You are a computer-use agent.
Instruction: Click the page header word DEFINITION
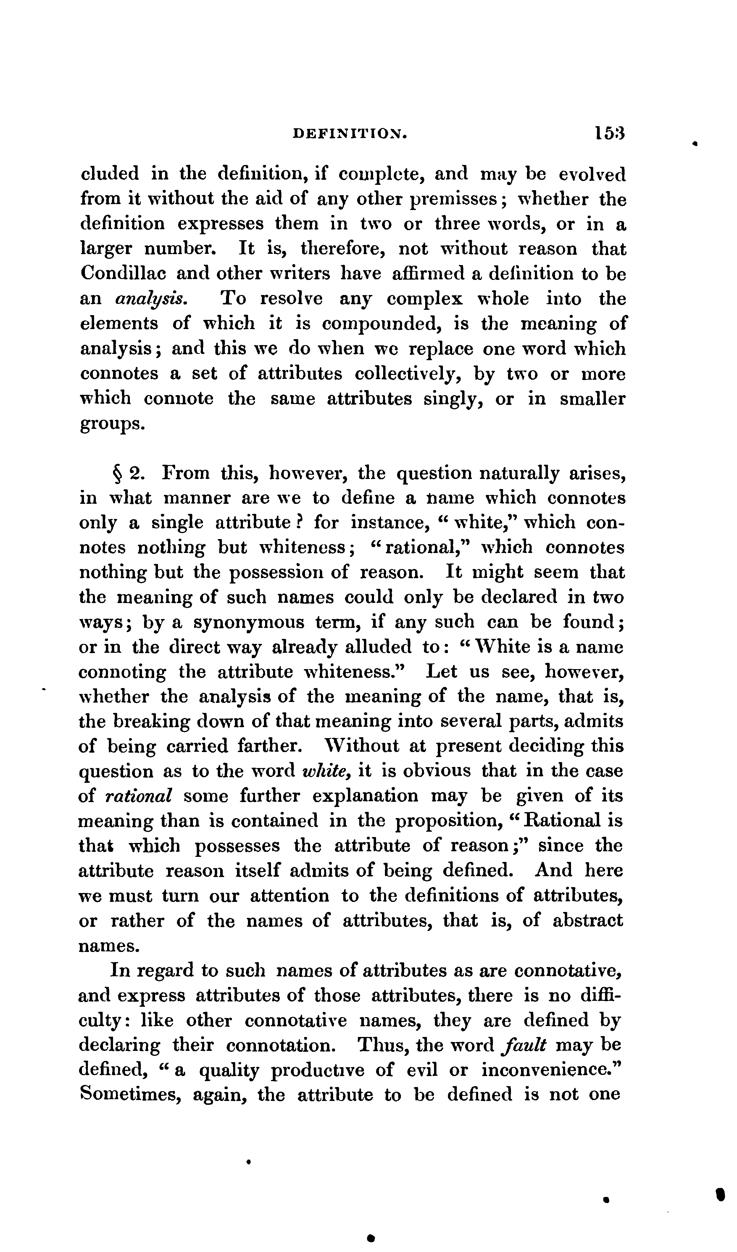[350, 133]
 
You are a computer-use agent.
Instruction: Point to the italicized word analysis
[151, 299]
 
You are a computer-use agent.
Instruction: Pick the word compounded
[382, 323]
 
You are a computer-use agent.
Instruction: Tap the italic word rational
[139, 796]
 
